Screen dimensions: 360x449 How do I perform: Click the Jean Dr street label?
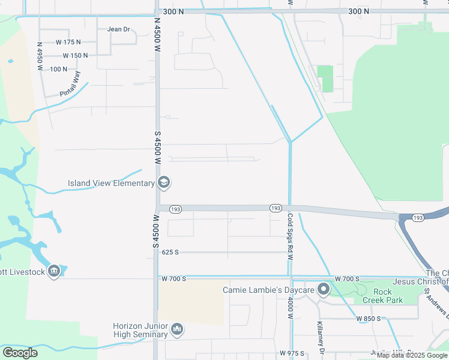coord(118,29)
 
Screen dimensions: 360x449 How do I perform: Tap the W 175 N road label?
coord(68,42)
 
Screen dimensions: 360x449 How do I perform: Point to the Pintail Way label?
coord(70,85)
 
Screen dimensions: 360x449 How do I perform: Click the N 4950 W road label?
coord(40,56)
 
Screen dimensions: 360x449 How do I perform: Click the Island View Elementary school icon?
coord(163,182)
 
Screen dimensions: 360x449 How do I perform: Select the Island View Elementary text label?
coord(111,183)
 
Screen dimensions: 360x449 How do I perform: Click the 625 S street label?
coord(170,253)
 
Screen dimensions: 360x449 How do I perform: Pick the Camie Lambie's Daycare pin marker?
coord(324,290)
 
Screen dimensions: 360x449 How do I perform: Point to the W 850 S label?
coord(368,318)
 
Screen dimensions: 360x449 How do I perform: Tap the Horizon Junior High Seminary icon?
coord(177,329)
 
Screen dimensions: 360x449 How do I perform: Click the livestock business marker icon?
coord(55,271)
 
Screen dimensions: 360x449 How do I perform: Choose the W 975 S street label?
coord(292,353)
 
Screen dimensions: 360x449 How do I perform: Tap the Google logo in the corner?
coord(20,353)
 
